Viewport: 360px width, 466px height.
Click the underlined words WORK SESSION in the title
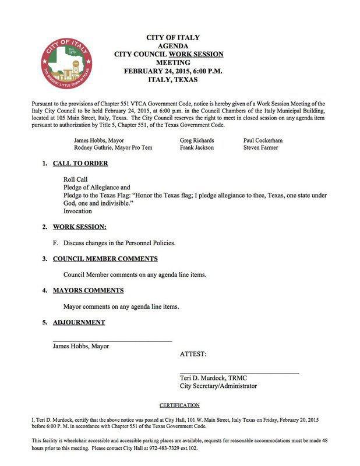tap(196, 54)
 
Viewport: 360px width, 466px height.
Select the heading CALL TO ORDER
tap(80, 164)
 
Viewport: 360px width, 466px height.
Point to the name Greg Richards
tap(197, 140)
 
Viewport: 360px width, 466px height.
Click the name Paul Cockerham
tap(263, 140)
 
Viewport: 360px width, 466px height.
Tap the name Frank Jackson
tap(197, 148)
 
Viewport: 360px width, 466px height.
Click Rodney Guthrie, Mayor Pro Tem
tap(113, 148)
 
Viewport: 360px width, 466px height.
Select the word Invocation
tap(77, 211)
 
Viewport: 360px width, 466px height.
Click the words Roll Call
tap(76, 179)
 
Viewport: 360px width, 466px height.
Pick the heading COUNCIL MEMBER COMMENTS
tap(105, 259)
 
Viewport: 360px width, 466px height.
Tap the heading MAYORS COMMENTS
tap(88, 290)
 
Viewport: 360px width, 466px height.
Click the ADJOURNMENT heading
tap(79, 322)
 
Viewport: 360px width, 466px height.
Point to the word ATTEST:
tap(193, 354)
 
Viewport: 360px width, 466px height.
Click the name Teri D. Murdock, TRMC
tap(214, 377)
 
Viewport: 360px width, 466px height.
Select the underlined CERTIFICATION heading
tap(179, 405)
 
